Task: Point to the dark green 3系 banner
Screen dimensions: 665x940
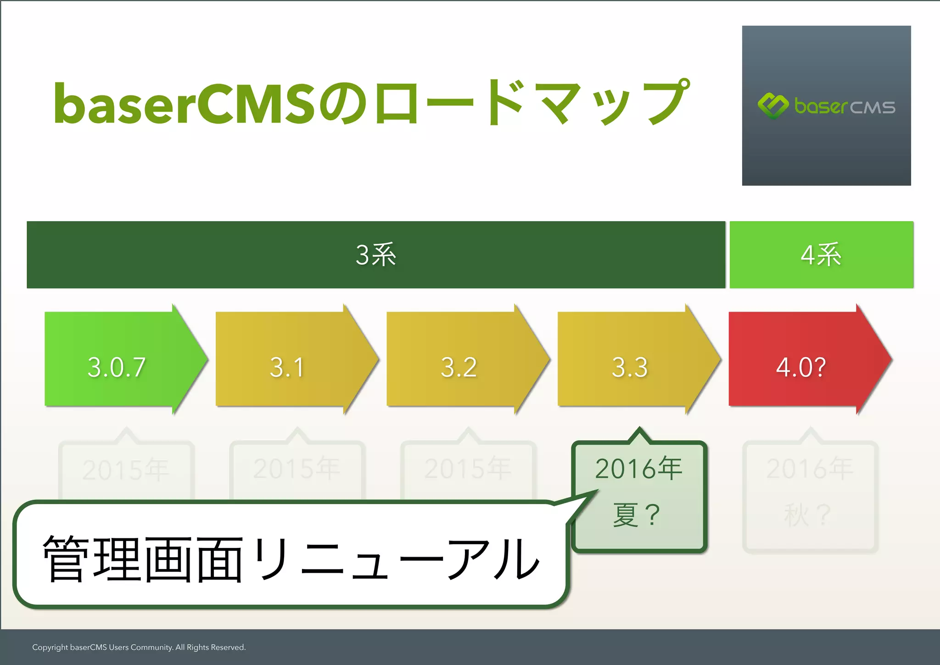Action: pyautogui.click(x=376, y=255)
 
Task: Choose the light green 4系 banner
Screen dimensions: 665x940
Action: pyautogui.click(x=821, y=255)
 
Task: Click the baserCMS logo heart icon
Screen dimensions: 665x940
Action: pyautogui.click(x=773, y=106)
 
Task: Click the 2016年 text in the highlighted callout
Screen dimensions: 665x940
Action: pyautogui.click(x=638, y=469)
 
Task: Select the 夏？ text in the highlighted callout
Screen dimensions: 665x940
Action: pyautogui.click(x=636, y=514)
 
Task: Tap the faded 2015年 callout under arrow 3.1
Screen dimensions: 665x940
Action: pyautogui.click(x=297, y=469)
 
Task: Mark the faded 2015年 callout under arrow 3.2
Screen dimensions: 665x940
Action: pyautogui.click(x=468, y=469)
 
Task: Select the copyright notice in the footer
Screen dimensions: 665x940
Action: pyautogui.click(x=139, y=647)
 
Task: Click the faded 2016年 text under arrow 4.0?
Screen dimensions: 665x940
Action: pyautogui.click(x=810, y=469)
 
